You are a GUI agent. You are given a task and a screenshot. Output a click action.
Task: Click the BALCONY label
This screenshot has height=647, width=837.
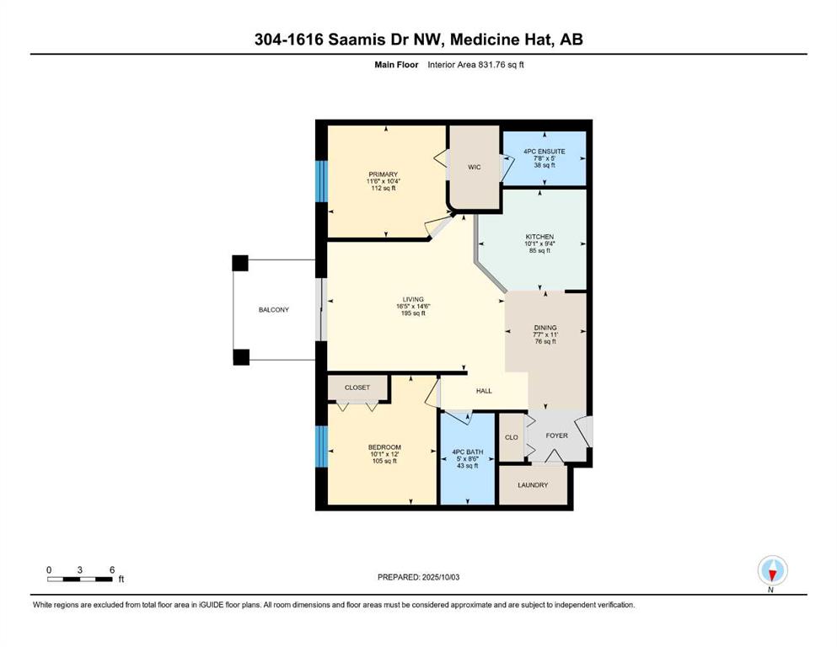click(x=273, y=310)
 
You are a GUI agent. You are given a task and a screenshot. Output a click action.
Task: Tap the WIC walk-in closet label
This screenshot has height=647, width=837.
click(x=474, y=168)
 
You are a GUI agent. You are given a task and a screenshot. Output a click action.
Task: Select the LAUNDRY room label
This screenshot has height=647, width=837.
click(x=533, y=485)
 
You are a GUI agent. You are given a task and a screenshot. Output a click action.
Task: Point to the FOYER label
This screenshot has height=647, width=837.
click(x=557, y=436)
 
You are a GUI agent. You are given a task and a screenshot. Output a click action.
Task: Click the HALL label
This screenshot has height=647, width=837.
click(x=484, y=391)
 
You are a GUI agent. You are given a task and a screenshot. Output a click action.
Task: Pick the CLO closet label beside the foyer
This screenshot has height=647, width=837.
click(x=512, y=437)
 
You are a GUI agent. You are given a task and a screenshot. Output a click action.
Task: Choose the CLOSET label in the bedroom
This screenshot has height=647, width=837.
click(x=357, y=388)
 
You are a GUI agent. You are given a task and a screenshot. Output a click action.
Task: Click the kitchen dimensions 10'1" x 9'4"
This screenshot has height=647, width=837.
click(x=539, y=243)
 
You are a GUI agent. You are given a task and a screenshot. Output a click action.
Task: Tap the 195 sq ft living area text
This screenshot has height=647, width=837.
click(x=413, y=313)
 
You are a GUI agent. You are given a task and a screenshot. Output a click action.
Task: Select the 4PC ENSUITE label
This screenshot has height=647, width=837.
click(x=545, y=152)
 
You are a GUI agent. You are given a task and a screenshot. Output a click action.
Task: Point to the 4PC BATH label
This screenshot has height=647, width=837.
click(x=468, y=452)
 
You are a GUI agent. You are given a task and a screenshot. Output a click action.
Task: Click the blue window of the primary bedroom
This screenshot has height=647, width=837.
click(x=321, y=181)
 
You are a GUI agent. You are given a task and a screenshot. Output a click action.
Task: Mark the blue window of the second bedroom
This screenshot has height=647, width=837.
click(x=321, y=446)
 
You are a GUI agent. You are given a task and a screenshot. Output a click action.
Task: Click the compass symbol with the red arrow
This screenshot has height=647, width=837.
click(x=772, y=570)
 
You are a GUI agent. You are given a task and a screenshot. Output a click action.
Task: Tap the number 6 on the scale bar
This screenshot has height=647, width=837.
click(x=112, y=569)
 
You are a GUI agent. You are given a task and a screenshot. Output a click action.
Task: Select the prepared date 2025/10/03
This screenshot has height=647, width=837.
click(x=440, y=577)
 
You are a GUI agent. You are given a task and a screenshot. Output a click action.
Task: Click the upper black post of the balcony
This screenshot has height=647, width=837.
click(x=240, y=263)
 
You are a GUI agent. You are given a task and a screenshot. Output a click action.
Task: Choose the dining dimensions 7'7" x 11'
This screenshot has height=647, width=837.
click(x=545, y=335)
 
